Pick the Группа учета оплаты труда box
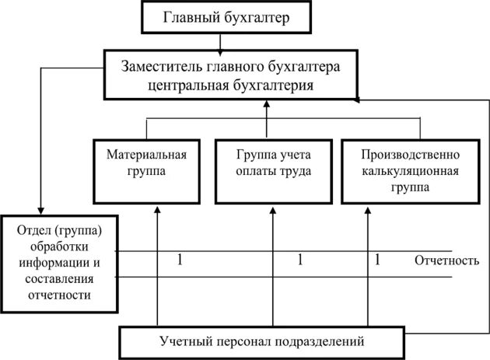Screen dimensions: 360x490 click(268, 171)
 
